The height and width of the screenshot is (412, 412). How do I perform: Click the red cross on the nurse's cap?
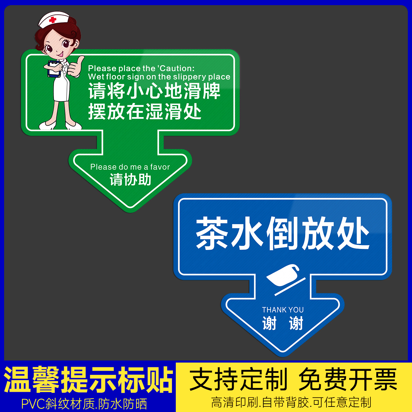tap(53, 20)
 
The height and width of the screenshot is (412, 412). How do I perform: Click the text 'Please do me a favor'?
tap(130, 167)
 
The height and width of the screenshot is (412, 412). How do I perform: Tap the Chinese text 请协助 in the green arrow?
tap(130, 180)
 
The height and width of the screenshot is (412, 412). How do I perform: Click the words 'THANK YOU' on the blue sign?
tap(283, 310)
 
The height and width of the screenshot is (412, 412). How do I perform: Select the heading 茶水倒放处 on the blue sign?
tap(283, 233)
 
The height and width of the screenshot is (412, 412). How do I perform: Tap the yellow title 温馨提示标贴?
tap(88, 380)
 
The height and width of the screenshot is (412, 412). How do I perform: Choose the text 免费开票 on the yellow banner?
tap(347, 380)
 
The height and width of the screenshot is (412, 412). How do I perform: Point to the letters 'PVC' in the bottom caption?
tap(33, 404)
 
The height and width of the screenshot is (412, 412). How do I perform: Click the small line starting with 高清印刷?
tap(291, 402)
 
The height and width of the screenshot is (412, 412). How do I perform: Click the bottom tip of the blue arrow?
tap(283, 353)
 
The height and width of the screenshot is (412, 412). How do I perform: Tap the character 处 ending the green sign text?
tap(192, 112)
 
